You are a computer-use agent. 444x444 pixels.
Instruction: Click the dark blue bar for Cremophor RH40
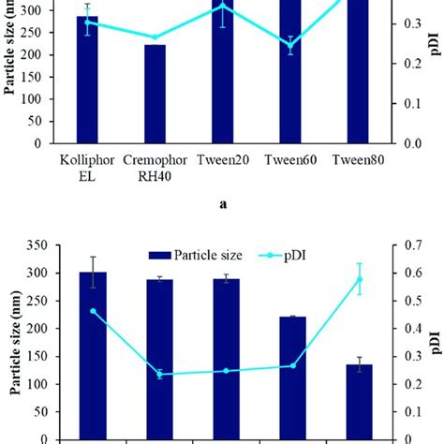tap(155, 94)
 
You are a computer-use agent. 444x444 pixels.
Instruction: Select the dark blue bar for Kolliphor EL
tap(87, 80)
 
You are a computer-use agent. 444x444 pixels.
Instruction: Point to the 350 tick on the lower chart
tap(35, 245)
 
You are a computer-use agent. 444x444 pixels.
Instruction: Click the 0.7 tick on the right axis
tap(407, 245)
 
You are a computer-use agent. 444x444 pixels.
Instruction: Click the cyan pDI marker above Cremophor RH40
tap(155, 37)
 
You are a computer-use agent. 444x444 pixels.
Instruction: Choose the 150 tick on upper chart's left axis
tap(35, 77)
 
